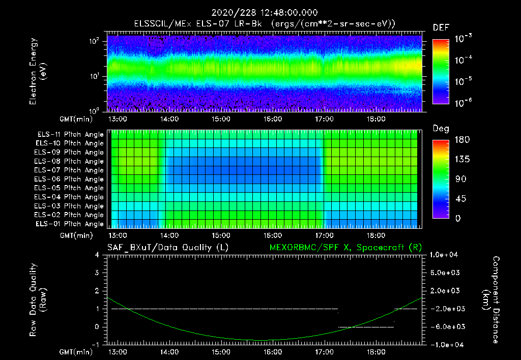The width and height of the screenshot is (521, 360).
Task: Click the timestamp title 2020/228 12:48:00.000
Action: pyautogui.click(x=260, y=12)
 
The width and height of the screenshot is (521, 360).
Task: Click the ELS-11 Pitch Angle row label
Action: pyautogui.click(x=70, y=134)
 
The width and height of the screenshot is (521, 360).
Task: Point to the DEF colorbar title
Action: pyautogui.click(x=441, y=27)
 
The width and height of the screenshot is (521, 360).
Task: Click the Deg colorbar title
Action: pyautogui.click(x=441, y=129)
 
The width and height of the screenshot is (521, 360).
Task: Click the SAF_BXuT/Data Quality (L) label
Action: pyautogui.click(x=167, y=247)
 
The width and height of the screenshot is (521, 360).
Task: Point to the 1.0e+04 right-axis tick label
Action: pyautogui.click(x=445, y=255)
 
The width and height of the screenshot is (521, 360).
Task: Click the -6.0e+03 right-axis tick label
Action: pyautogui.click(x=445, y=326)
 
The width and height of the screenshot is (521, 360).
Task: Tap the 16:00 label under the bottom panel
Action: pyautogui.click(x=273, y=352)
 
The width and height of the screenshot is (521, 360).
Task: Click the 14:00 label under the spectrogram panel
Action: pyautogui.click(x=169, y=119)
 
